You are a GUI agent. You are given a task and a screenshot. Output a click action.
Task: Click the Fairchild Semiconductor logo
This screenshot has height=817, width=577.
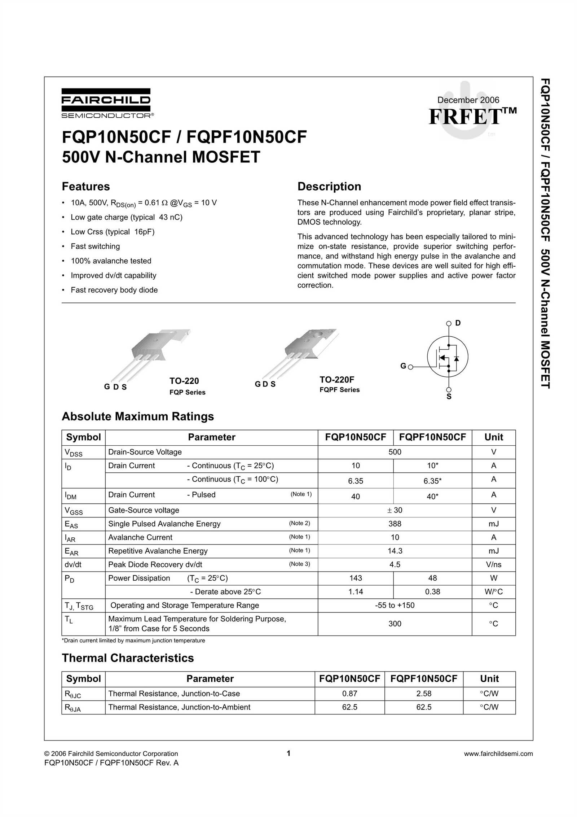tap(106, 103)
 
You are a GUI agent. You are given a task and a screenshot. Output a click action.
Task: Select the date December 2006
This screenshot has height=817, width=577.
tap(468, 100)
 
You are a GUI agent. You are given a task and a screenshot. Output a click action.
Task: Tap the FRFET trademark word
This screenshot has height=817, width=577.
tap(465, 117)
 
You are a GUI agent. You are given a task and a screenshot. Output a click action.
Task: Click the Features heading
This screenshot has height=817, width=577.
tap(86, 187)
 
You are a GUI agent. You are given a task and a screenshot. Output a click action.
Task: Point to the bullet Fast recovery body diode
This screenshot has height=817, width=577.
tap(114, 290)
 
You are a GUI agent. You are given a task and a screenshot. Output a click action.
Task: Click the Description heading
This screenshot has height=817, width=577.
tap(329, 187)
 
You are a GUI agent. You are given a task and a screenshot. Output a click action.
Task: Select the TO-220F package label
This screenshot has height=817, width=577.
tap(336, 380)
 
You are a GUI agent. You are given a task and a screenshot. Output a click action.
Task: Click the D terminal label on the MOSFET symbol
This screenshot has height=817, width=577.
tap(458, 323)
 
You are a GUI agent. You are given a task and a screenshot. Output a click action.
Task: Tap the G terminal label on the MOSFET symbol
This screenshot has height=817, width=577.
tap(403, 366)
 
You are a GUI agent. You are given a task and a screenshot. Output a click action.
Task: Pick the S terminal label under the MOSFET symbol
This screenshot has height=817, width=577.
tap(449, 397)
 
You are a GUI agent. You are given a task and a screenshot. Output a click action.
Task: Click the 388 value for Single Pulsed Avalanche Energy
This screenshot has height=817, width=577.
tap(395, 524)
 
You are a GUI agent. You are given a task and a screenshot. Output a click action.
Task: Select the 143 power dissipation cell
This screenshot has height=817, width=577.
tap(355, 578)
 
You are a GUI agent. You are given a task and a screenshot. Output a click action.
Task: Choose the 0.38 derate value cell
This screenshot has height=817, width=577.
tap(432, 592)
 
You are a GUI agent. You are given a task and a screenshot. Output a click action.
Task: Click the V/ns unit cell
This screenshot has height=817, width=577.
tap(493, 565)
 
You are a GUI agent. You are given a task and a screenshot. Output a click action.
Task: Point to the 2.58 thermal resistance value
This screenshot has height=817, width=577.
tap(423, 694)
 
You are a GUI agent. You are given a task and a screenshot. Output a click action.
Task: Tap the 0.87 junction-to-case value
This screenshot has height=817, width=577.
tap(349, 694)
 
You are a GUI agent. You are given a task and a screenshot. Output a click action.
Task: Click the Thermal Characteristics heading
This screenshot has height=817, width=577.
tap(128, 658)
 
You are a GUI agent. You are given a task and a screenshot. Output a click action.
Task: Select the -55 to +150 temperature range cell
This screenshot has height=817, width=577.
tap(395, 605)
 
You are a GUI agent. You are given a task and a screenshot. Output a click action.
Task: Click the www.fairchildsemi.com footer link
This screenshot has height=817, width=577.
tap(498, 754)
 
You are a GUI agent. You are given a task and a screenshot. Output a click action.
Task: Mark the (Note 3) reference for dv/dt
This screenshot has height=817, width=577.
tap(299, 564)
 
